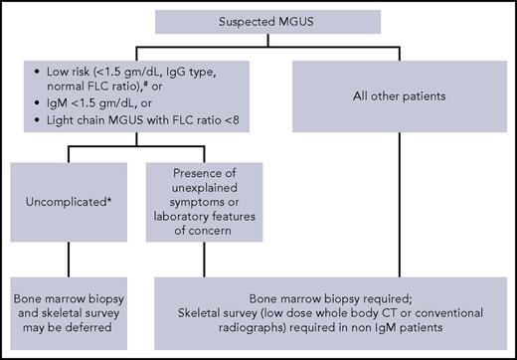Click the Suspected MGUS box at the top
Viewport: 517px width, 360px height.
(x=258, y=22)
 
